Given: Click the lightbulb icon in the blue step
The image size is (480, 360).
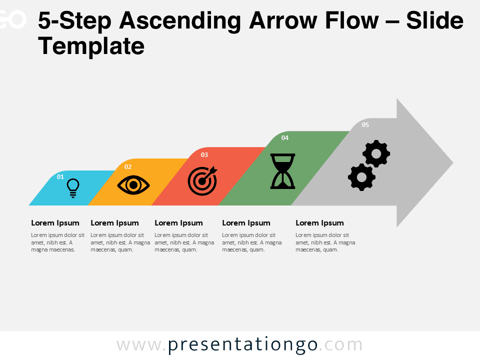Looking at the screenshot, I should (x=73, y=188).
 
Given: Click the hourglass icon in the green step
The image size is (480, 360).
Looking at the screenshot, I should (x=282, y=171).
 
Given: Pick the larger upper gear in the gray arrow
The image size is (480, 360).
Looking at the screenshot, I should (x=376, y=154).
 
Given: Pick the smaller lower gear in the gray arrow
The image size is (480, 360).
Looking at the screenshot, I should (x=361, y=177).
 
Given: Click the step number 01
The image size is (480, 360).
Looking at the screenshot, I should (x=60, y=176).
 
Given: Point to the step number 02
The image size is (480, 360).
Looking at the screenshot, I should (x=128, y=167).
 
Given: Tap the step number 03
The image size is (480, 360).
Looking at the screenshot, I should (x=204, y=155).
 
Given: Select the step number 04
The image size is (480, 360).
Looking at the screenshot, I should (x=285, y=138).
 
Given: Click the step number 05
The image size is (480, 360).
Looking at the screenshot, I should (x=365, y=125).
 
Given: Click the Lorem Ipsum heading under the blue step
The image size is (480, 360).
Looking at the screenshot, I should (x=55, y=223).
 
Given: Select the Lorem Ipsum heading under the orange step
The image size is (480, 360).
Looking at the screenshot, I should (x=114, y=223).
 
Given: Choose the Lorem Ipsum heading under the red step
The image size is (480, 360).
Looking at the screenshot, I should (x=178, y=223).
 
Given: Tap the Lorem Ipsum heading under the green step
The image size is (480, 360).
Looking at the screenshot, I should (x=246, y=223).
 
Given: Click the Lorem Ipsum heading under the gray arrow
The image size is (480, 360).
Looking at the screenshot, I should (x=319, y=223).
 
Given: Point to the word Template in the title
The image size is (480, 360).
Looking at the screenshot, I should (x=91, y=46).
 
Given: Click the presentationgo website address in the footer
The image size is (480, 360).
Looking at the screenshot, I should (x=239, y=345).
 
